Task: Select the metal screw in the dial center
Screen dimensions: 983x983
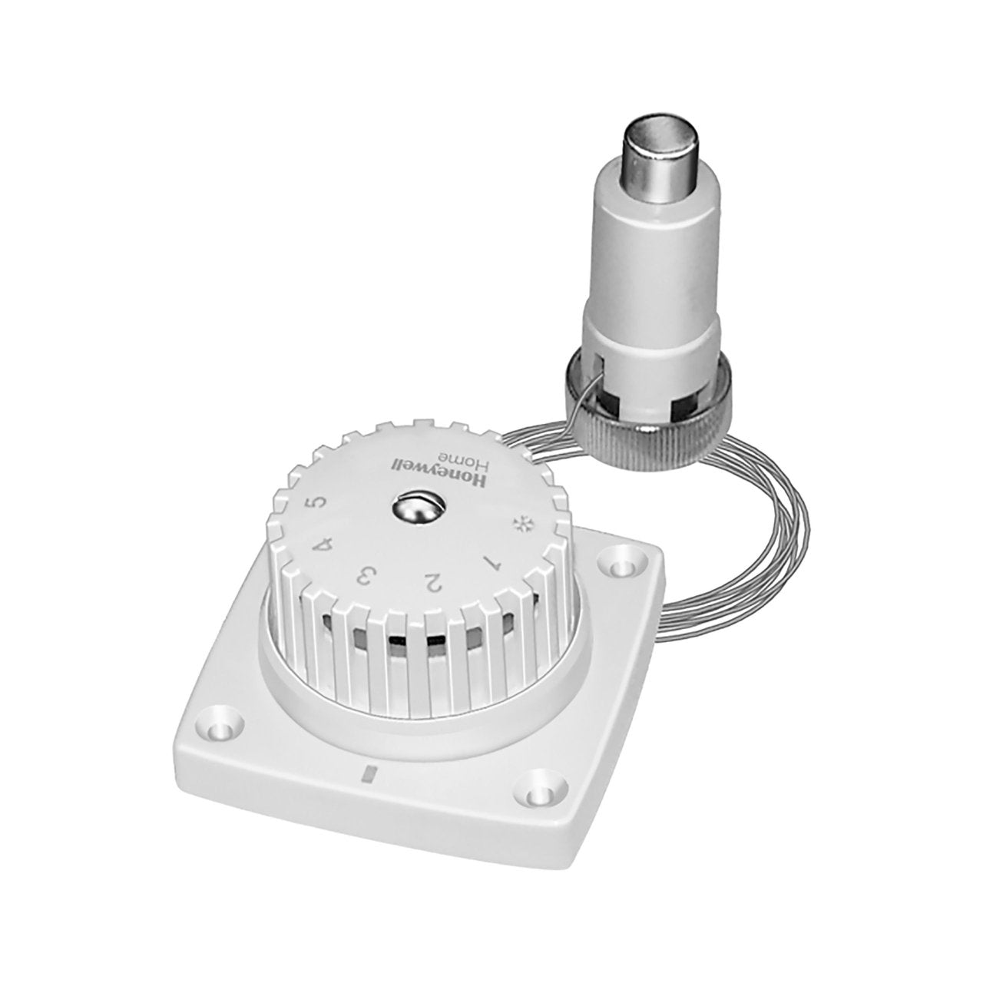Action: pos(412,509)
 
